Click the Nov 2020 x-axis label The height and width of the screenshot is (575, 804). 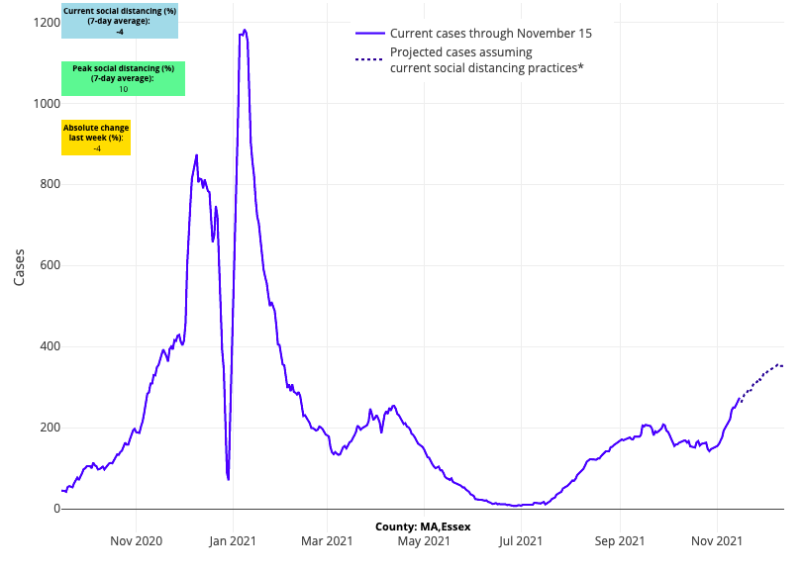[x=136, y=541]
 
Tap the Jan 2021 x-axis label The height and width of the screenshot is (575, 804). [x=233, y=541]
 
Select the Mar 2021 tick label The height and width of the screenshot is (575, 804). [x=327, y=541]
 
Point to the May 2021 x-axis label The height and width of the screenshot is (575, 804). [x=424, y=541]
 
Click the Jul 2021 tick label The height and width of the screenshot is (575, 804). [x=521, y=541]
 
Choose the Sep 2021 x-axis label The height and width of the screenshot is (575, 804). [x=620, y=541]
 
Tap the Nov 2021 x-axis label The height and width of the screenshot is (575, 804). [x=717, y=541]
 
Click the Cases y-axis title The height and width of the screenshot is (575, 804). [x=20, y=266]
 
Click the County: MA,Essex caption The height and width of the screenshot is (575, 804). [x=423, y=527]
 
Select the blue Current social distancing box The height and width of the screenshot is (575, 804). [x=119, y=22]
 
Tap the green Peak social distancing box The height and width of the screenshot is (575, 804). [x=123, y=79]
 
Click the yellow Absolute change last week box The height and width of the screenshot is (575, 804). [x=96, y=139]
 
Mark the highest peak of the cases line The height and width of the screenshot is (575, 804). [x=244, y=31]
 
